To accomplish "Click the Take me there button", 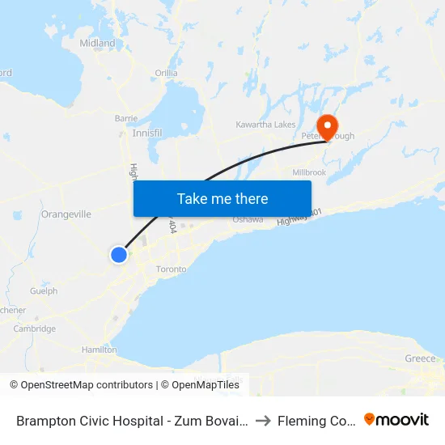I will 222,198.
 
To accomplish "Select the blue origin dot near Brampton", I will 119,255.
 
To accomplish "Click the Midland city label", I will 97,43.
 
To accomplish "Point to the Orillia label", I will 167,73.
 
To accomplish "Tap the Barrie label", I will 126,118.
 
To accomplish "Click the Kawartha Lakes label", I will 265,125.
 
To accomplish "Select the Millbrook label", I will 309,172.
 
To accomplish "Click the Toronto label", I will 171,269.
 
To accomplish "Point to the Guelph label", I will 44,290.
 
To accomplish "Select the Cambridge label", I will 35,328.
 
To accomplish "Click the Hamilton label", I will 100,350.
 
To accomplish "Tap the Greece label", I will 420,358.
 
